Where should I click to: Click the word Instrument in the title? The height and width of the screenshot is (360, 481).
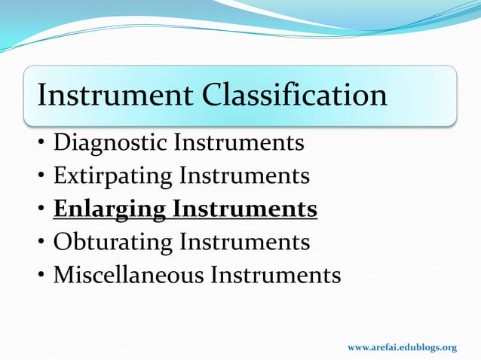click(x=119, y=96)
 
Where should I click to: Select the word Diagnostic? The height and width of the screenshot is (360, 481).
click(x=112, y=142)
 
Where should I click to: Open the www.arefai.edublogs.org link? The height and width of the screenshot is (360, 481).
click(x=401, y=347)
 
